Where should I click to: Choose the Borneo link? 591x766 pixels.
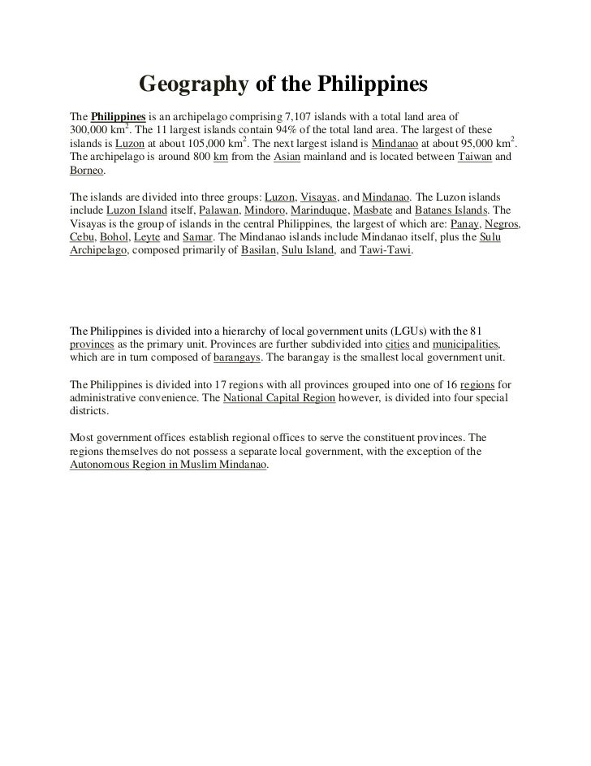[x=88, y=172]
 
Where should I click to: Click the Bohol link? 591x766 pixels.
[x=112, y=239]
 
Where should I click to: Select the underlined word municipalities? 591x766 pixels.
[x=464, y=344]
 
